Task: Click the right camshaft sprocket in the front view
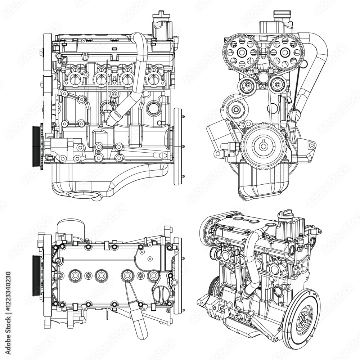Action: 285,52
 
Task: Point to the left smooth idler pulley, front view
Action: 247,86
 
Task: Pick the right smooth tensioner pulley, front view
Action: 277,85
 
